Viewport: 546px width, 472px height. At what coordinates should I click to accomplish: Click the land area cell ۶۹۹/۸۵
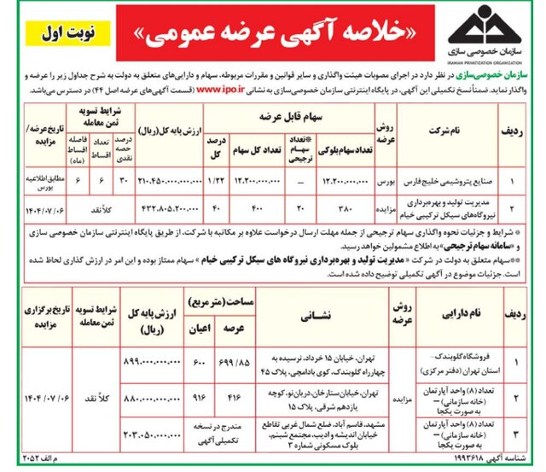point(229,362)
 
